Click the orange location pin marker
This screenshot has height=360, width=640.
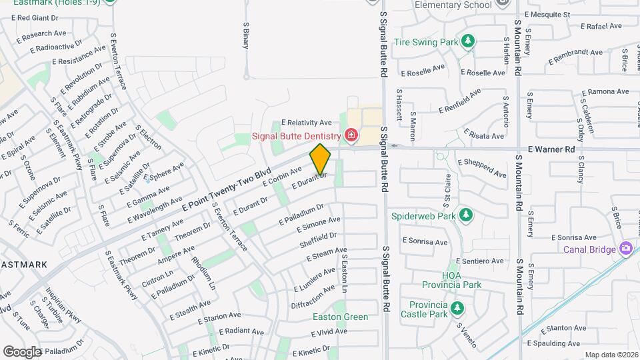[x=320, y=159]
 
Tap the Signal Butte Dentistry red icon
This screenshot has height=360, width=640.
[x=351, y=137]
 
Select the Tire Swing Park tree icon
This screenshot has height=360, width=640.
[x=468, y=41]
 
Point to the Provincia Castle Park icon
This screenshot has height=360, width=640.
[x=457, y=309]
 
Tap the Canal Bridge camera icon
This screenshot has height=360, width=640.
[x=625, y=249]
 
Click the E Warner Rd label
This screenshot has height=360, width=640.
[x=551, y=149]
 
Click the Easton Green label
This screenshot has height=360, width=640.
[x=340, y=317]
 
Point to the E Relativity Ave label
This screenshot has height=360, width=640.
[x=306, y=123]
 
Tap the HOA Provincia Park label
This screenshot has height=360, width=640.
[x=461, y=280]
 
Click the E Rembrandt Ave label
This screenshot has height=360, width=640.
[x=575, y=57]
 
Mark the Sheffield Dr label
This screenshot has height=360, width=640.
[x=318, y=240]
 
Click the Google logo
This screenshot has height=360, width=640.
[x=22, y=351]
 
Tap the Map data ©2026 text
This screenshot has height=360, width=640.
[x=611, y=355]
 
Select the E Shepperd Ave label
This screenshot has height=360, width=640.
[x=482, y=167]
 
